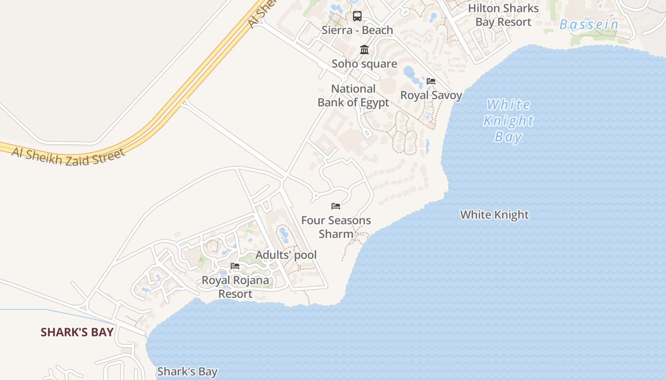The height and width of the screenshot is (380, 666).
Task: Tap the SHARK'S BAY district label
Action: [x=77, y=332]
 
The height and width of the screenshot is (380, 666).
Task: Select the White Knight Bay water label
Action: [x=509, y=121]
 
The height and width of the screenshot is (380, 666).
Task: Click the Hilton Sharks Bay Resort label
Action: [x=503, y=15]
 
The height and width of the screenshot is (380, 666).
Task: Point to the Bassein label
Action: [x=589, y=25]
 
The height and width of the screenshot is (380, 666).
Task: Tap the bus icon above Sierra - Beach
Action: [x=357, y=16]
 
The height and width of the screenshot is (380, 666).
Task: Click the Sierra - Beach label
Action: [x=357, y=30]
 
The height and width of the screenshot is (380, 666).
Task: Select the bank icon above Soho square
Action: [x=364, y=49]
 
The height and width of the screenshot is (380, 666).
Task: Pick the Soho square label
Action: [x=364, y=64]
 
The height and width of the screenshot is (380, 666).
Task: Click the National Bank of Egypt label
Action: [x=353, y=95]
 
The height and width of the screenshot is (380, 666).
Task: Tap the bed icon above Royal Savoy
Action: [x=431, y=81]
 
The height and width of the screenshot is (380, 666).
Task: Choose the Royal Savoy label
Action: [x=431, y=95]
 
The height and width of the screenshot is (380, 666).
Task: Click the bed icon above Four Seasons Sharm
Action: [x=336, y=206]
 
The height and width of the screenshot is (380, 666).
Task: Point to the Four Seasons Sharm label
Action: [x=336, y=227]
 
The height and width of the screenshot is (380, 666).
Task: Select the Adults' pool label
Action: [x=286, y=255]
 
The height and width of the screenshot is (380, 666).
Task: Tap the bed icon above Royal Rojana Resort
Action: [x=235, y=266]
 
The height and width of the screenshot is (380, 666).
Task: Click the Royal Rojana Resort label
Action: [x=235, y=287]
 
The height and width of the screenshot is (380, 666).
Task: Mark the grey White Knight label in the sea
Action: [x=494, y=215]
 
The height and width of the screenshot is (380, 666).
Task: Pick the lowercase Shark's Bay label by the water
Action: [x=187, y=371]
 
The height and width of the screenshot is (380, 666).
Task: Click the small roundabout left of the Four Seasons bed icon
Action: [x=315, y=195]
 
